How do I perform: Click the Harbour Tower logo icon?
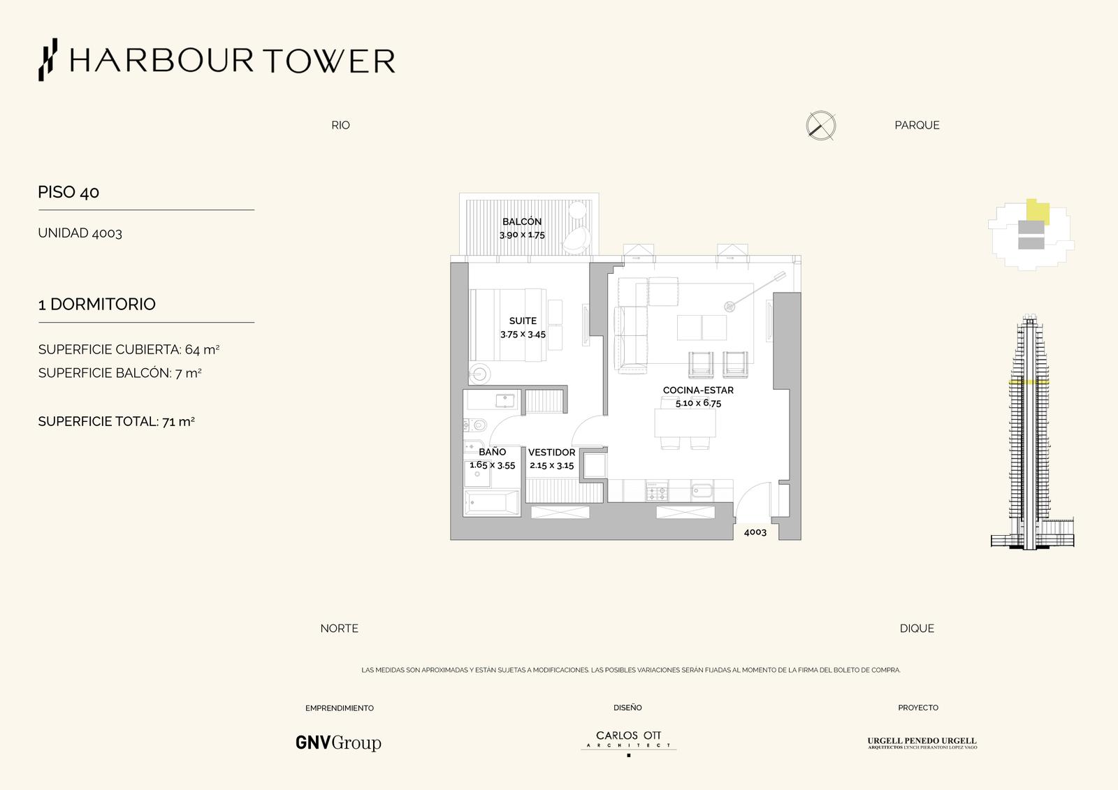click(48, 60)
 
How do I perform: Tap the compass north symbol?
click(821, 125)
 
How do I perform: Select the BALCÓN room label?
click(521, 221)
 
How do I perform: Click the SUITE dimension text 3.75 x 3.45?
click(523, 335)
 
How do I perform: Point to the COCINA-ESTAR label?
click(698, 390)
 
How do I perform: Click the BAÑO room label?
click(492, 452)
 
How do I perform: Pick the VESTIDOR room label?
click(551, 452)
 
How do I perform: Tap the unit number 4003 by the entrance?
click(755, 532)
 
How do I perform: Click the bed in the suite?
click(507, 324)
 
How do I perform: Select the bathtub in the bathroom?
click(492, 502)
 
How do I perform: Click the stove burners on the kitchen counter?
click(656, 492)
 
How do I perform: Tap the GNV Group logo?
click(338, 743)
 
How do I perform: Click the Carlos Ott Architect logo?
click(628, 742)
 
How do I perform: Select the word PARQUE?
click(917, 125)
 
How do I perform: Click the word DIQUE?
click(916, 629)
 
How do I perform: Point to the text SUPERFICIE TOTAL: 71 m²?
click(116, 421)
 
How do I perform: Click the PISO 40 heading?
click(68, 192)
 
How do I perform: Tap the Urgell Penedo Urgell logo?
click(922, 743)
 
